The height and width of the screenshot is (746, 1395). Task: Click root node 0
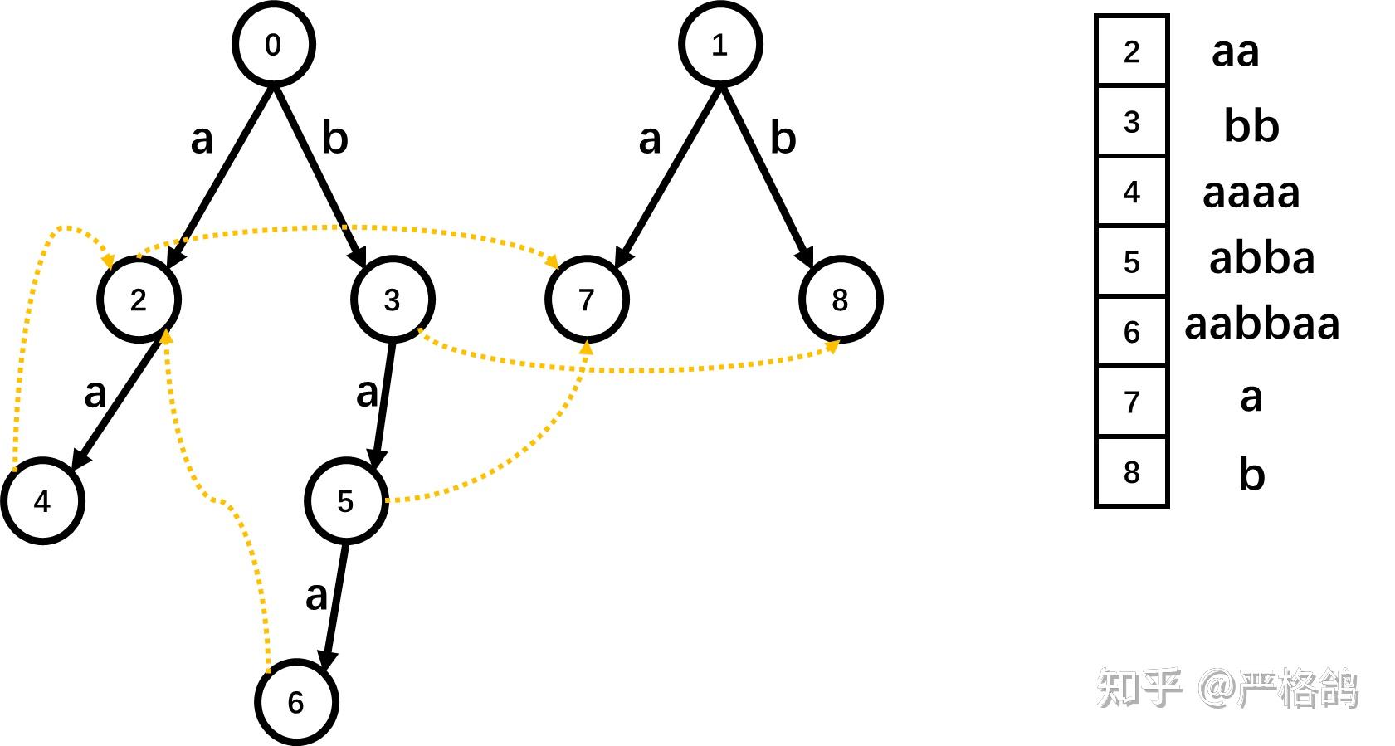(x=273, y=45)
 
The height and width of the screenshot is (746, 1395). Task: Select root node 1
(x=719, y=45)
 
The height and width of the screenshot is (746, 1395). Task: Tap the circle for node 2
(x=139, y=300)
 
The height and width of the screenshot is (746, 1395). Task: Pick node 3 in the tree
(x=393, y=300)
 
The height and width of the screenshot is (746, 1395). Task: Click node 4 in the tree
(x=42, y=501)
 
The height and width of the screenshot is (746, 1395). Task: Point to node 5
(x=346, y=501)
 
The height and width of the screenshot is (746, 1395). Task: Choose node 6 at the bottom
(x=295, y=702)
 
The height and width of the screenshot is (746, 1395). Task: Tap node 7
(x=587, y=300)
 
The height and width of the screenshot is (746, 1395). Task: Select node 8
(x=840, y=300)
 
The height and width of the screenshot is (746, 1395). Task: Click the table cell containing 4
(x=1131, y=192)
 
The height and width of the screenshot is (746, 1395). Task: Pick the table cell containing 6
(x=1131, y=332)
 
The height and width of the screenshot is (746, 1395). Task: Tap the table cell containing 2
(x=1131, y=51)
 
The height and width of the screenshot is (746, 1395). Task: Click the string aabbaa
(x=1261, y=324)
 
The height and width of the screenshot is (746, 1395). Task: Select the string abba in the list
(x=1261, y=258)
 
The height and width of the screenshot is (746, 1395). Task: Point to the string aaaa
(x=1251, y=193)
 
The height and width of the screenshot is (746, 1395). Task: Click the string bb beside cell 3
(x=1251, y=125)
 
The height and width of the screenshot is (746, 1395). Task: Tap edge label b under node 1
(x=783, y=138)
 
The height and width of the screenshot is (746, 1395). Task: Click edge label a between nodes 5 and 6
(x=316, y=596)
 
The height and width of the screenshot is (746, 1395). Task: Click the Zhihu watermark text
(x=1228, y=688)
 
